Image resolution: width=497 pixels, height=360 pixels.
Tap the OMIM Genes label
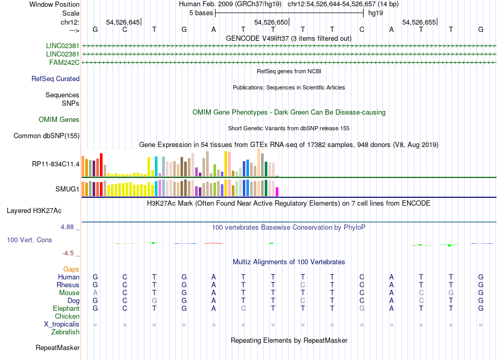click(59, 120)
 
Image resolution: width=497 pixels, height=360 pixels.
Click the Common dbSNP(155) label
click(47, 136)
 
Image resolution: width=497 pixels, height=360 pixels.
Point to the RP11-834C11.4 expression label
click(55, 164)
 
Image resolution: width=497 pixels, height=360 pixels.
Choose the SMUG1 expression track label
click(67, 189)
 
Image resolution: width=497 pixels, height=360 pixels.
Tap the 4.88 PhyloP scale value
click(68, 227)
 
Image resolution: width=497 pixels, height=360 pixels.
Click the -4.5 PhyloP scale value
click(68, 253)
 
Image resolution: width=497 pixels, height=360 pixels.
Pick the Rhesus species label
click(68, 285)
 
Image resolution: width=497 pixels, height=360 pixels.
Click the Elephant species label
click(65, 309)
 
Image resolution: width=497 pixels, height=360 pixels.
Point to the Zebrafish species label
click(65, 332)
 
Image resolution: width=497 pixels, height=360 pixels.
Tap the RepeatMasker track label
click(58, 347)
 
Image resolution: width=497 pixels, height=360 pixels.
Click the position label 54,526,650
click(270, 22)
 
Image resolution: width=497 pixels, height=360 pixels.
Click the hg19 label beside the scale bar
click(376, 12)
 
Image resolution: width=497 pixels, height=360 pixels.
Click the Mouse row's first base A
click(95, 293)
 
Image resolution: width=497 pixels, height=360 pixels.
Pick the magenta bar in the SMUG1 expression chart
click(277, 191)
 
